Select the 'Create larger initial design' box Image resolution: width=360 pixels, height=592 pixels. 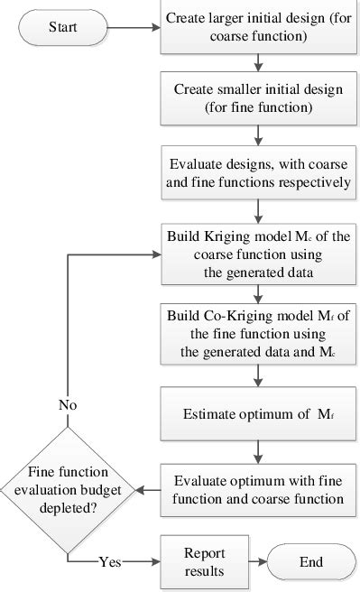pyautogui.click(x=258, y=28)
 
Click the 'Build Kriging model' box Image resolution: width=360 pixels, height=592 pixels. pyautogui.click(x=258, y=254)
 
